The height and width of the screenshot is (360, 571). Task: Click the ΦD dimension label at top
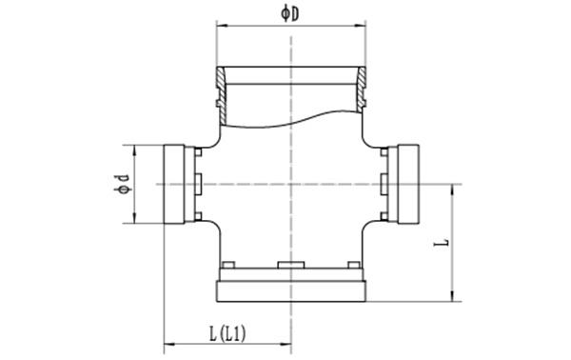tap(290, 14)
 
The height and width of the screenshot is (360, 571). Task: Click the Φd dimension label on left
tap(122, 184)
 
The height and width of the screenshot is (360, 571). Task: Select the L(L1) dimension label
tap(227, 333)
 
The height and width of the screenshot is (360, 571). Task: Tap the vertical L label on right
tap(442, 243)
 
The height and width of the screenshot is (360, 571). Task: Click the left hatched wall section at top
tap(222, 94)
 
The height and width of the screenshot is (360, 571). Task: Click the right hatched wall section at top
tap(361, 90)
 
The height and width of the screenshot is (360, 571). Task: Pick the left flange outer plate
tap(174, 184)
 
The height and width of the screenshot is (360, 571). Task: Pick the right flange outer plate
tap(408, 184)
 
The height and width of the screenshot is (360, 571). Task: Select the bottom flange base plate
tap(291, 291)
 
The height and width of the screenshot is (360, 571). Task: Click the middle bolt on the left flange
tap(198, 184)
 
